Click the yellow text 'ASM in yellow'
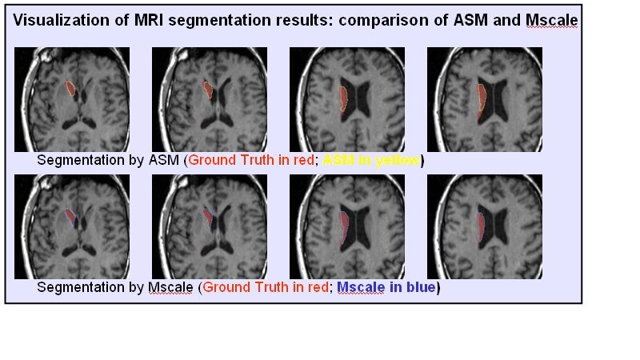tap(370, 161)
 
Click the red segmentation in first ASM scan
tap(71, 88)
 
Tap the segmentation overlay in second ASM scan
tap(208, 90)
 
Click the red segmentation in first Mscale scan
tap(71, 216)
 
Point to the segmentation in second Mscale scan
tap(208, 217)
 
